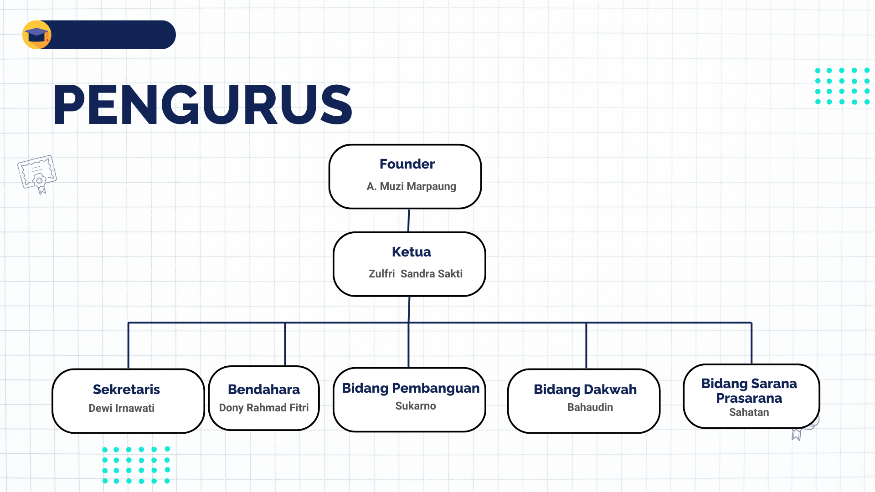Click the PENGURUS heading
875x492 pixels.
(x=203, y=104)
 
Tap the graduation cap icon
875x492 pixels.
(x=37, y=35)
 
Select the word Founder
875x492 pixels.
(x=407, y=164)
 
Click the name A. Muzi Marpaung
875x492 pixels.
(x=411, y=186)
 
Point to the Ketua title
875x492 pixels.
(x=411, y=252)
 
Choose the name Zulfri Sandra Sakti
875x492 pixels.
(x=415, y=274)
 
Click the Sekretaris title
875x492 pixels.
(x=126, y=389)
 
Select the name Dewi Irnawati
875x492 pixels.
(x=121, y=408)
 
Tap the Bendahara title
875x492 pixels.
(x=264, y=389)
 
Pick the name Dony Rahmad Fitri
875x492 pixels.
(x=264, y=408)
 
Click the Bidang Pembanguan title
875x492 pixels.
(x=411, y=388)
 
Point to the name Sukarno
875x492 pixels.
(x=415, y=406)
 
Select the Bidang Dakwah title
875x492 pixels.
(x=585, y=389)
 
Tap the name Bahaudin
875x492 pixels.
(x=590, y=407)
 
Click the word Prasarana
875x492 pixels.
(x=749, y=398)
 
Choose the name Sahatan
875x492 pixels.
(x=749, y=412)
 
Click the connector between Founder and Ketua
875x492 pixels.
(x=408, y=220)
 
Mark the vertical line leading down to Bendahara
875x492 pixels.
(x=285, y=344)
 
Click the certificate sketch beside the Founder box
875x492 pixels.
(x=37, y=174)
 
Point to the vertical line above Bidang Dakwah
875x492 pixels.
(x=586, y=345)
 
